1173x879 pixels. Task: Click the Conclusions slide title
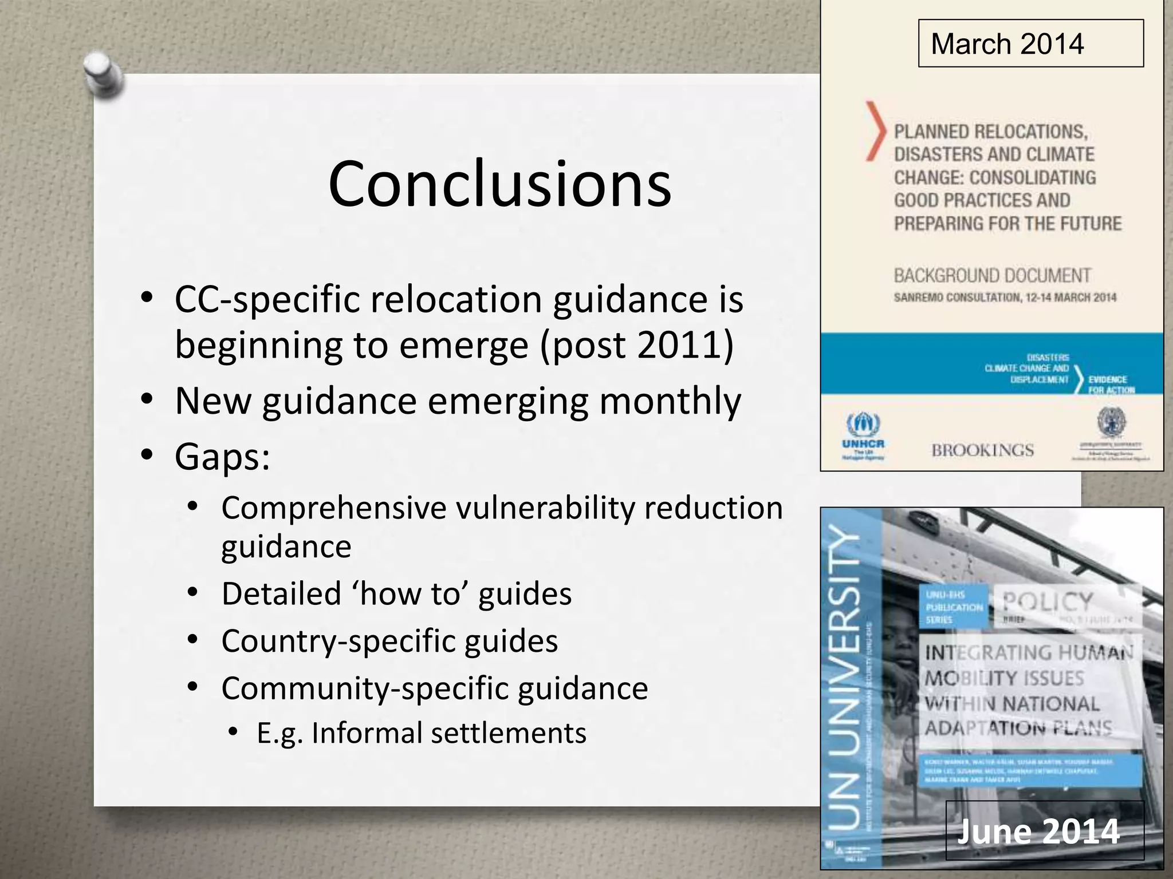499,184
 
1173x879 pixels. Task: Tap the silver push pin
103,74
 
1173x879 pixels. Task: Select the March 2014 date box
1030,44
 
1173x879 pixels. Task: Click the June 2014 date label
1038,832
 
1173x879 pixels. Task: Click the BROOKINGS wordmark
982,450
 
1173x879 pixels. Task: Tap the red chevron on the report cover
875,130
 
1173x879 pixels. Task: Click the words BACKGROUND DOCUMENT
992,276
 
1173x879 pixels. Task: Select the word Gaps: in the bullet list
222,457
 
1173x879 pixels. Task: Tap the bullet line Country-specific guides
389,641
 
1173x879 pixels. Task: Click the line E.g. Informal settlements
422,733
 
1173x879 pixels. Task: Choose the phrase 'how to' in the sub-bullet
410,594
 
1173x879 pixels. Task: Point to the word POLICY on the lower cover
1048,603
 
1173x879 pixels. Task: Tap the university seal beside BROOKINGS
1111,423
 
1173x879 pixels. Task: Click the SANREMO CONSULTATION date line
1005,298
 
